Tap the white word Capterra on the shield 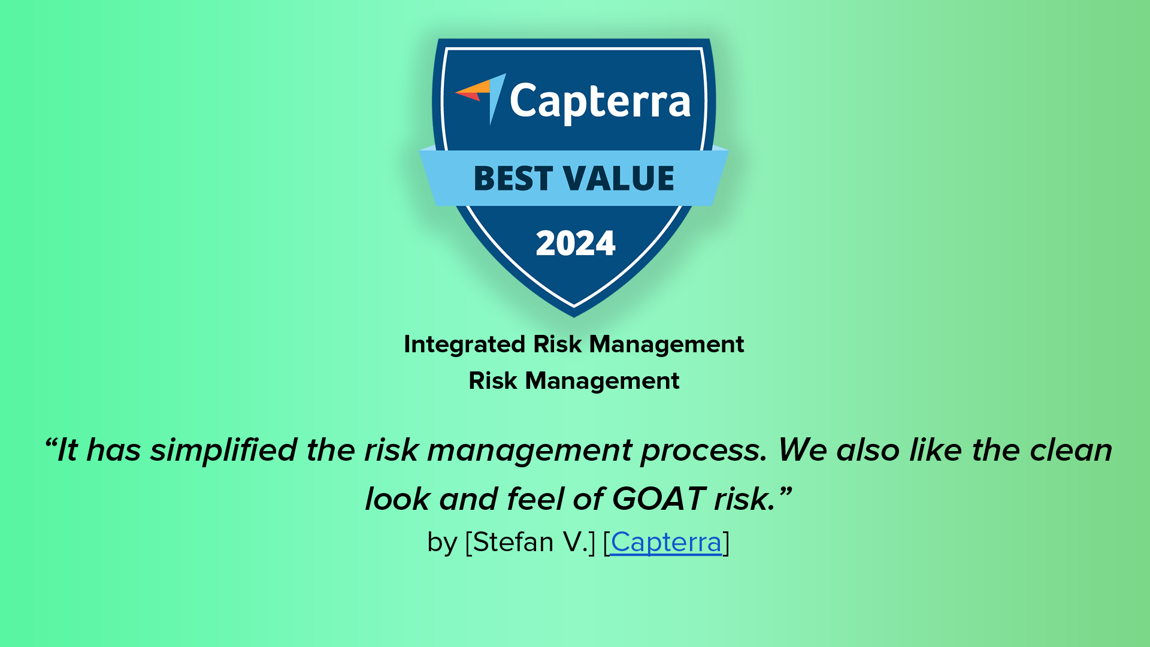pos(600,102)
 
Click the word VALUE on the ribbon pos(620,179)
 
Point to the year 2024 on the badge pos(576,243)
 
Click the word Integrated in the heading pos(465,344)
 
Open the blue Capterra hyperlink pos(666,542)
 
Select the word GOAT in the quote pos(658,498)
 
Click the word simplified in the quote pos(223,450)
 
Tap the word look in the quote pos(398,498)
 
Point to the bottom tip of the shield pos(574,316)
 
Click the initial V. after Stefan pos(575,542)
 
